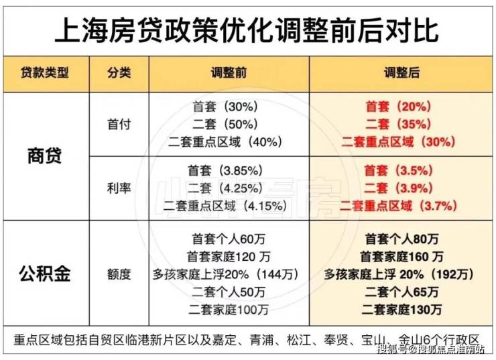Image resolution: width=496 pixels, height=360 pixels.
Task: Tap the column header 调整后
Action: click(x=401, y=73)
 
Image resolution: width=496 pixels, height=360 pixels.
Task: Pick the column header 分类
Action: click(x=119, y=73)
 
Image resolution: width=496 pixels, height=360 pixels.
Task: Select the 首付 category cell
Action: click(x=119, y=124)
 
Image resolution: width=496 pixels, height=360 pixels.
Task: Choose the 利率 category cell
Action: click(x=119, y=188)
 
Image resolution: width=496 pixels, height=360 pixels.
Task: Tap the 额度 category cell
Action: click(x=119, y=274)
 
